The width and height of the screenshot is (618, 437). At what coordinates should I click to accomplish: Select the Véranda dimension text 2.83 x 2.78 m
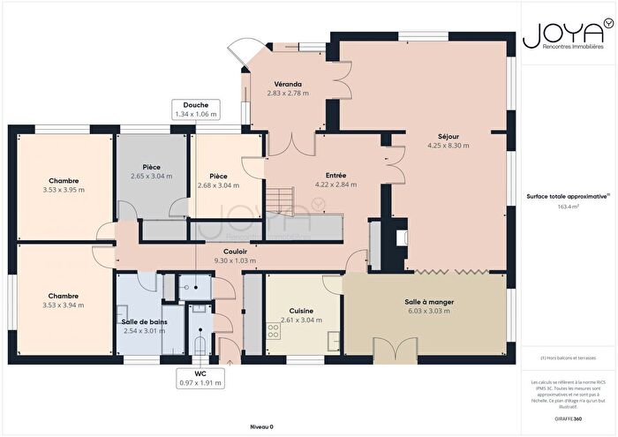point(288,93)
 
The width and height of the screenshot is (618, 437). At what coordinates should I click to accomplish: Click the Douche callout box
point(196,109)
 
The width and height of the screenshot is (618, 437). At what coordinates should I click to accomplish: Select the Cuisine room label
point(302,311)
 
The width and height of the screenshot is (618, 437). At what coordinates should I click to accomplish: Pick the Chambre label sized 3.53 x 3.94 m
point(64,296)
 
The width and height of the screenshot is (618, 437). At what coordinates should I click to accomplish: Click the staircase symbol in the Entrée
point(281,200)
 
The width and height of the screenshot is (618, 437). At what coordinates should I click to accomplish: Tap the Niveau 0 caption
point(261,426)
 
